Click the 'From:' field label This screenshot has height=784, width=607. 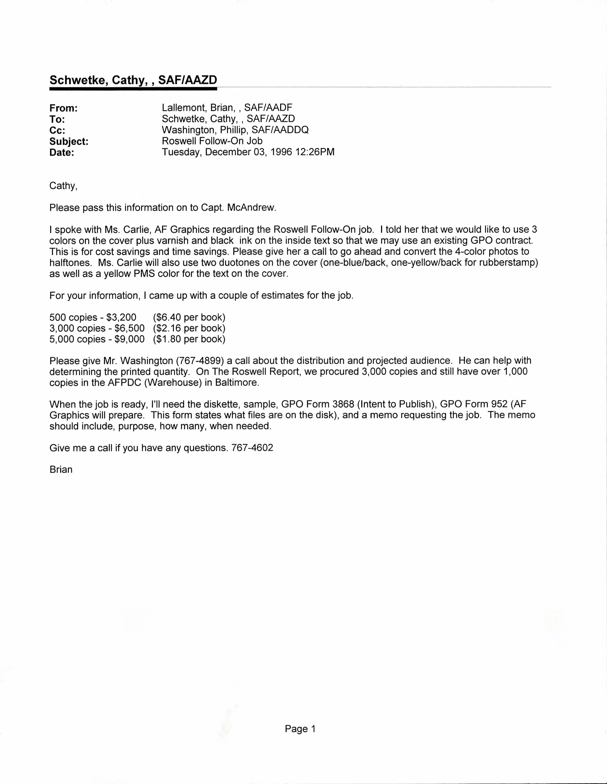pos(64,108)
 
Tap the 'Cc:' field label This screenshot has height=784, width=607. pos(57,130)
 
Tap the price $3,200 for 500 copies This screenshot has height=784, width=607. pos(121,317)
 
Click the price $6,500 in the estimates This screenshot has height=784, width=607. pos(129,328)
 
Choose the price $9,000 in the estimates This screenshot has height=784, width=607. pos(129,339)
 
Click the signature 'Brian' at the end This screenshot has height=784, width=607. pos(61,470)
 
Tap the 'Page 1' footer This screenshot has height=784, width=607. pos(300,729)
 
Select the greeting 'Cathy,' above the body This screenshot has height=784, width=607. pos(63,186)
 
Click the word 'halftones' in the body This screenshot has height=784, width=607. pos(70,263)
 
